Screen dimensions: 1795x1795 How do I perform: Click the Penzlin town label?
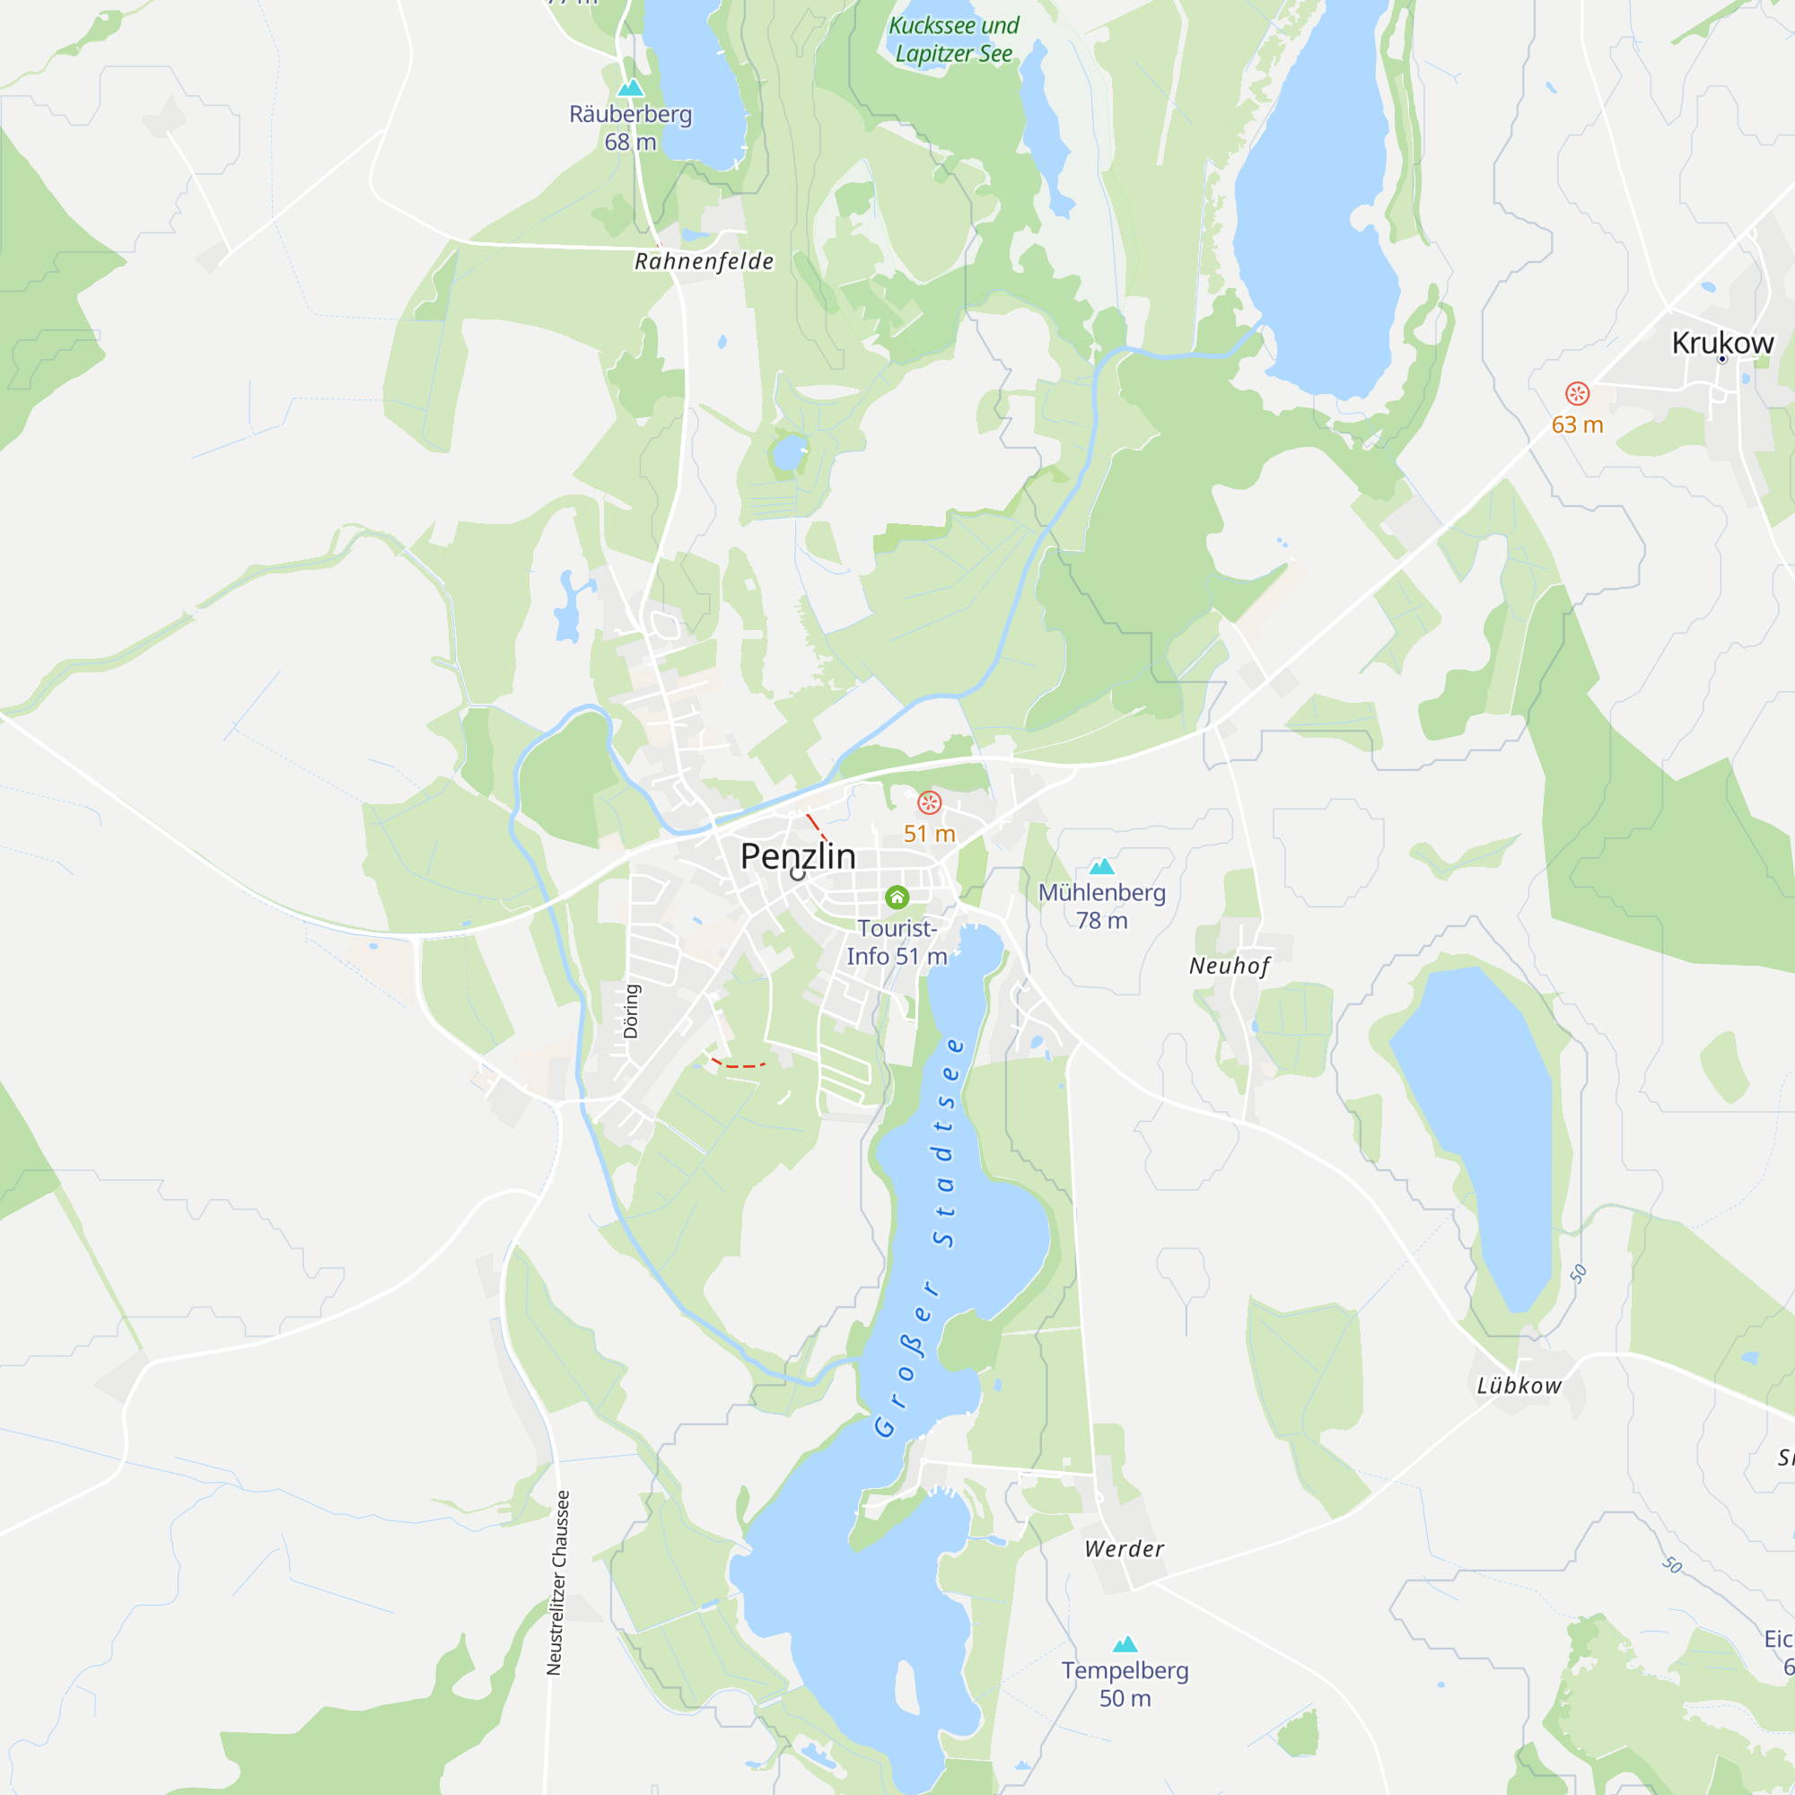[797, 856]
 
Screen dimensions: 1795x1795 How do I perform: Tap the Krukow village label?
[1721, 343]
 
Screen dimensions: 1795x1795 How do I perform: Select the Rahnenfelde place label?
[704, 262]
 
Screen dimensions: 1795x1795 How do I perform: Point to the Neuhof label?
[1229, 967]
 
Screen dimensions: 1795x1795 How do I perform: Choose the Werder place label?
[1125, 1549]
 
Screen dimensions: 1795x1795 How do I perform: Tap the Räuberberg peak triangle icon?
[631, 88]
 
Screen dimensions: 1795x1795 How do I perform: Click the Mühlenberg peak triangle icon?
[1101, 867]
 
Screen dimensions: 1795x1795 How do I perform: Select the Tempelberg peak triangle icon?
[1125, 1644]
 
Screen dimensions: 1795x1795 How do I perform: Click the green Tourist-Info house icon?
[897, 897]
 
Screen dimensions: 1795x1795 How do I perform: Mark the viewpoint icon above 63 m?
[1577, 394]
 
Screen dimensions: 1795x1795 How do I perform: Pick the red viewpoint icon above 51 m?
[929, 802]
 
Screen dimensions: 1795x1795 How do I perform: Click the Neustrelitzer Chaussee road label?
[556, 1583]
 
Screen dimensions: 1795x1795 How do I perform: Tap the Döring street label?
[632, 1011]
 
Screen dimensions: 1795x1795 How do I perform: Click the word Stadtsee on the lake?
[948, 1142]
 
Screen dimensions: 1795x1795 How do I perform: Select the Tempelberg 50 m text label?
[1125, 1685]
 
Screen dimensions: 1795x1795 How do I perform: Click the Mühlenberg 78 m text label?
[1102, 906]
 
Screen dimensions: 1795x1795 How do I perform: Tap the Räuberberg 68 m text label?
[631, 128]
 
